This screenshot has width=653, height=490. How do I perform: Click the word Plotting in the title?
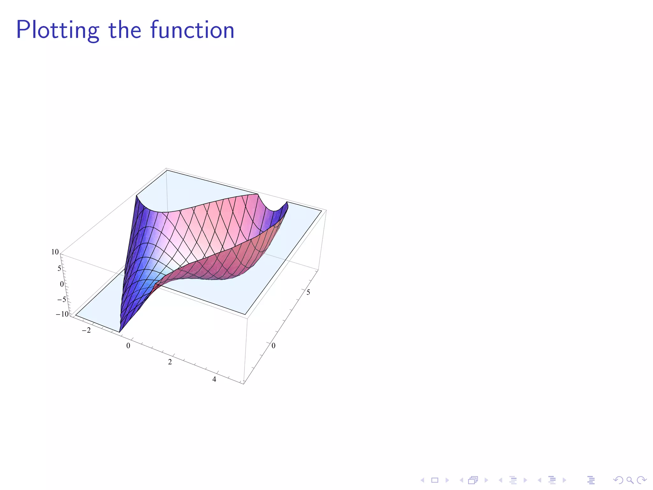click(x=57, y=30)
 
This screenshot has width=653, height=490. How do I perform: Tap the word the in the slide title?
click(x=125, y=30)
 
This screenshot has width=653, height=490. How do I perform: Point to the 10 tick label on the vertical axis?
click(x=55, y=252)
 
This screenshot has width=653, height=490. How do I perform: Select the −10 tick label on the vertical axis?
click(x=62, y=314)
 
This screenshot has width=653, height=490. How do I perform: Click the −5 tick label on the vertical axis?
click(x=61, y=299)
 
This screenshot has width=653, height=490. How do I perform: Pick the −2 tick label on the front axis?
click(x=86, y=330)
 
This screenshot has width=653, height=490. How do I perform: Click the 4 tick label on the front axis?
click(x=214, y=379)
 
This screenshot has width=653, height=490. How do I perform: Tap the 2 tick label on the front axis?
click(x=170, y=362)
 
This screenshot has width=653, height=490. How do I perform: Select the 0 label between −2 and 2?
click(x=128, y=346)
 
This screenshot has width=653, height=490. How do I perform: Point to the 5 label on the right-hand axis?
click(x=308, y=292)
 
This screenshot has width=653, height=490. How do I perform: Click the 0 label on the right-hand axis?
click(x=274, y=345)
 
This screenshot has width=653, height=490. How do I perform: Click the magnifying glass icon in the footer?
click(x=630, y=480)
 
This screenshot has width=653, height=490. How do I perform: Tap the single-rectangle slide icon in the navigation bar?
click(x=435, y=480)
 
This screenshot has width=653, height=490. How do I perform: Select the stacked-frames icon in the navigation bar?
click(x=473, y=480)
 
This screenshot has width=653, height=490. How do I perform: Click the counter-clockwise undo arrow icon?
click(x=618, y=480)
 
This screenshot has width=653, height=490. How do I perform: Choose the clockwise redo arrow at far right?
click(x=642, y=480)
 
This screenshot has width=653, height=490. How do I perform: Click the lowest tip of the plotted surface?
click(x=120, y=332)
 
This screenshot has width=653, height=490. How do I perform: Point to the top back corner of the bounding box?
click(x=166, y=168)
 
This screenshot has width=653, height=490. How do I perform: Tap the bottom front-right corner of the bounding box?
click(x=244, y=384)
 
